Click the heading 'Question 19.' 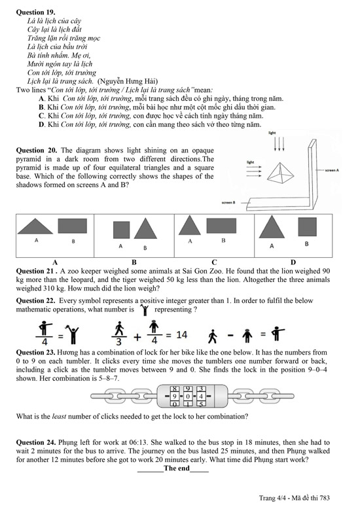coord(35,12)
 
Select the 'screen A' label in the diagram coord(332,170)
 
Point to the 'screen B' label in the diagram coord(228,202)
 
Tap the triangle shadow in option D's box coord(272,227)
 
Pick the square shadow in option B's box coord(121,230)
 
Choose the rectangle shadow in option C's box coord(221,226)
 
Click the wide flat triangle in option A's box coord(35,226)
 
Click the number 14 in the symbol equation coord(181,335)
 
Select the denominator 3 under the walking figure coord(119,342)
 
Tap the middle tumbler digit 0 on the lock coord(188,396)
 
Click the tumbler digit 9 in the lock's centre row coord(175,396)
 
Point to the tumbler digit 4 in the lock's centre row coord(201,396)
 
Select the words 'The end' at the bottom coord(177,468)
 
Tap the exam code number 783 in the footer coord(325,498)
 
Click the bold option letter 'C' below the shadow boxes coord(214,262)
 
